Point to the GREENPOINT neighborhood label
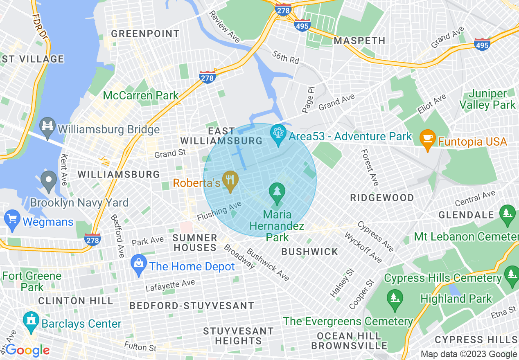pos(145,34)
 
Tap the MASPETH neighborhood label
pos(359,40)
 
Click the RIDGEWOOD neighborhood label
pos(382,198)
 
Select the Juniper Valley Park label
pos(487,99)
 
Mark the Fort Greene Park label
pos(32,281)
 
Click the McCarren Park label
pos(141,96)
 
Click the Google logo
pos(27,350)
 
